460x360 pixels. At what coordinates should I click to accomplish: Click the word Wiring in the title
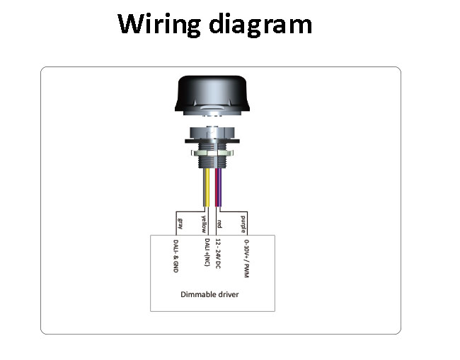click(159, 24)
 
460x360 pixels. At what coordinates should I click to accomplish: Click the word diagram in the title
click(260, 24)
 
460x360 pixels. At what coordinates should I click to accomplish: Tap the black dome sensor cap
click(212, 93)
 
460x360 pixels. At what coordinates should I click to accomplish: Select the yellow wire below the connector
click(207, 187)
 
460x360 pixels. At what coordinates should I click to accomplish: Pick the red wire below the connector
click(217, 187)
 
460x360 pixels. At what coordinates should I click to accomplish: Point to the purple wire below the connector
click(220, 187)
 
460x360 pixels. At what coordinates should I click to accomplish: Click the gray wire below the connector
click(205, 187)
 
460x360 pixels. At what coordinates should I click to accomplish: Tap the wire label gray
click(180, 223)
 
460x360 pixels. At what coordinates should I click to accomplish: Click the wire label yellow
click(204, 224)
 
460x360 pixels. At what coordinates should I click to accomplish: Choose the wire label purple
click(243, 224)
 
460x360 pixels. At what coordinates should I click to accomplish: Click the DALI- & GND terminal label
click(176, 256)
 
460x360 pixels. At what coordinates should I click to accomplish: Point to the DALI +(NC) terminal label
click(207, 252)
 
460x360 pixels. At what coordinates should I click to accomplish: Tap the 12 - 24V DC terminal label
click(218, 254)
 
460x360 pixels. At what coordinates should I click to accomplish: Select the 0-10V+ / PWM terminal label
click(247, 259)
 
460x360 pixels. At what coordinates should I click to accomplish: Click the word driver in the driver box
click(228, 294)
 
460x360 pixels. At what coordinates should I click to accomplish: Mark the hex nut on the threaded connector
click(212, 153)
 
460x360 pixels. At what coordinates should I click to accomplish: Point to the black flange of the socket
click(212, 141)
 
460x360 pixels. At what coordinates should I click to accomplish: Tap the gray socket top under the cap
click(212, 133)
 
